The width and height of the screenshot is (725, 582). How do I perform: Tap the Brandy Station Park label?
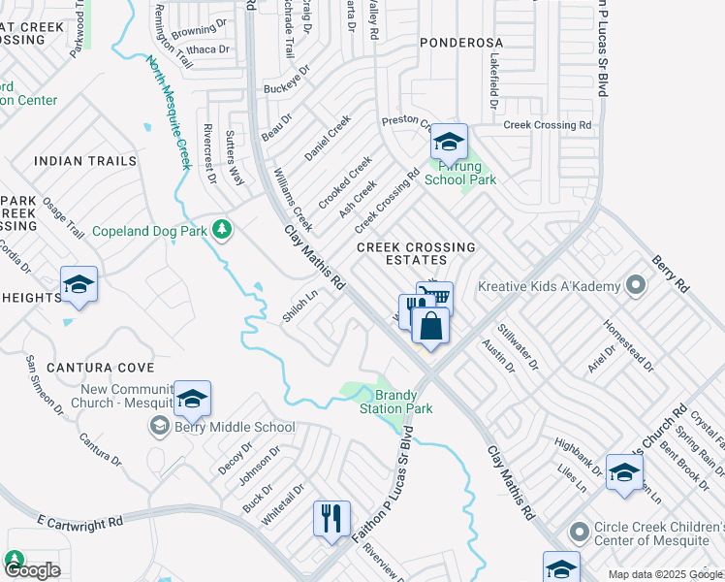[x=398, y=402]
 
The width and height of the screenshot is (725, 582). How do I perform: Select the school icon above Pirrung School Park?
[x=449, y=143]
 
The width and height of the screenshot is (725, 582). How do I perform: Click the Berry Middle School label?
[x=234, y=427]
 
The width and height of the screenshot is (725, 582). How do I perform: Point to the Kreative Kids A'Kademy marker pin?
[x=636, y=286]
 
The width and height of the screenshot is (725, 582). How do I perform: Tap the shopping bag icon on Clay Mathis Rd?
[x=431, y=326]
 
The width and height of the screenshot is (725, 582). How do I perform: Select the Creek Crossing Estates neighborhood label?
[x=416, y=254]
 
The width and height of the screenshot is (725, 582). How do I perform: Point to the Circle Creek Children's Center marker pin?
[x=580, y=533]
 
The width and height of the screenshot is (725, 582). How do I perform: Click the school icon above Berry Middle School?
[x=192, y=400]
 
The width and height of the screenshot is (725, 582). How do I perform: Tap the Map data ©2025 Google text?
[x=664, y=574]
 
